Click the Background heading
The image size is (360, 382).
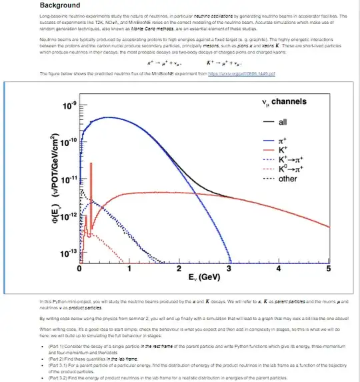point(60,6)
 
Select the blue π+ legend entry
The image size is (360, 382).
point(283,141)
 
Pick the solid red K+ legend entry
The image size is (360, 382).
point(283,151)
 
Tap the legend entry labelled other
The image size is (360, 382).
point(288,179)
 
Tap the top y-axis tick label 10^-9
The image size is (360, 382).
point(69,107)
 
